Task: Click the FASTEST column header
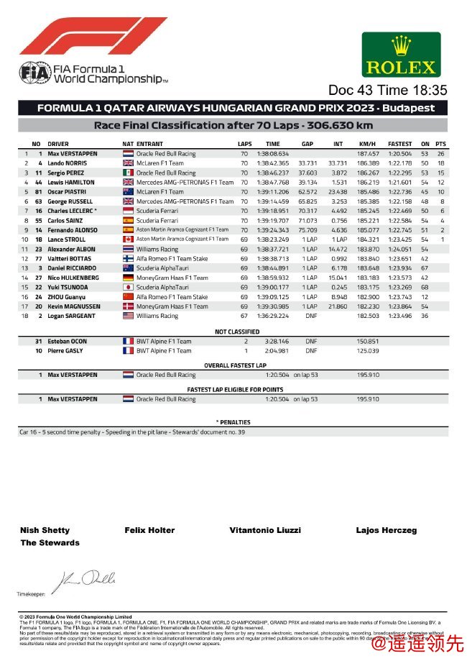399,144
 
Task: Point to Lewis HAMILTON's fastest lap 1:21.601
399,183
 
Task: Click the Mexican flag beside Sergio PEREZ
128,173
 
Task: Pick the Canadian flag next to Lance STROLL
128,240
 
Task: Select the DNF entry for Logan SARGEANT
310,316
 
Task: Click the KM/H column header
367,144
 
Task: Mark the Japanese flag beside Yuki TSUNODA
128,287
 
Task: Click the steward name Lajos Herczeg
386,530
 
